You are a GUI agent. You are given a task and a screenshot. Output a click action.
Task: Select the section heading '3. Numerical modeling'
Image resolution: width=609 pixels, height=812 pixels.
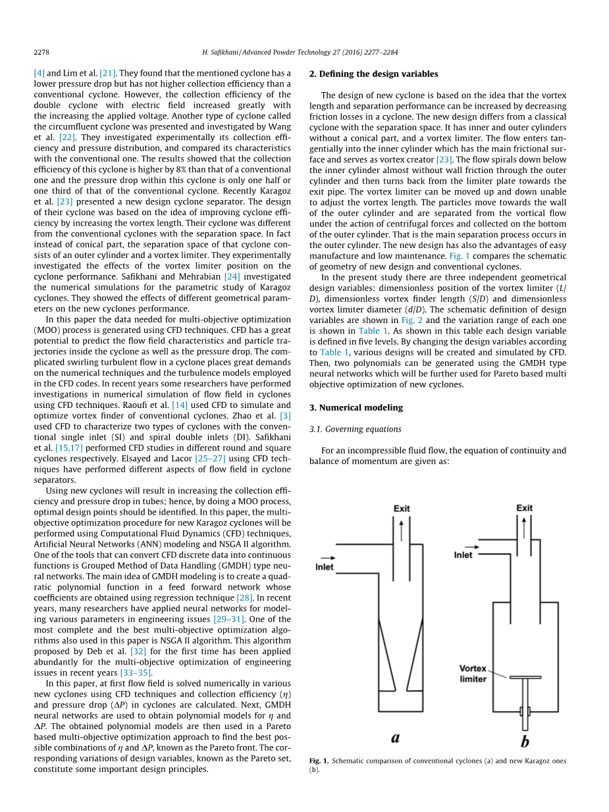pyautogui.click(x=356, y=407)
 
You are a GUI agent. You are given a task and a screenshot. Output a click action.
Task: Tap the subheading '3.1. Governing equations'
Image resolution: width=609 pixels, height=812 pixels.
pyautogui.click(x=355, y=429)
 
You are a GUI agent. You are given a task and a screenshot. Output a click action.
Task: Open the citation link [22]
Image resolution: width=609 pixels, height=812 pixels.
pyautogui.click(x=66, y=138)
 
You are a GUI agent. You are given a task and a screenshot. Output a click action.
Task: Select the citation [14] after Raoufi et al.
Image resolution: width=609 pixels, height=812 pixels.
pyautogui.click(x=180, y=405)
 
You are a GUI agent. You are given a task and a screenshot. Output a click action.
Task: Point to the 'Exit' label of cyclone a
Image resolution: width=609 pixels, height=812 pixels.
pyautogui.click(x=402, y=509)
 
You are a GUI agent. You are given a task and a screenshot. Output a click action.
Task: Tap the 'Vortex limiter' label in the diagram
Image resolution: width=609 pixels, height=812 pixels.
pyautogui.click(x=473, y=674)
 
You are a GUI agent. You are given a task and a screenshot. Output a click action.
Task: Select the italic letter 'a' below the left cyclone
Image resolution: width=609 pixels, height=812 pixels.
pyautogui.click(x=395, y=738)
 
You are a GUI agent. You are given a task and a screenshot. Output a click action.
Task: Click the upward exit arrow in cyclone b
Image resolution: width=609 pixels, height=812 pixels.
pyautogui.click(x=524, y=527)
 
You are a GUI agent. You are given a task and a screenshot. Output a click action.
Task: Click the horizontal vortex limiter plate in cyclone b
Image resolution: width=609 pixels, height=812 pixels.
pyautogui.click(x=525, y=677)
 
